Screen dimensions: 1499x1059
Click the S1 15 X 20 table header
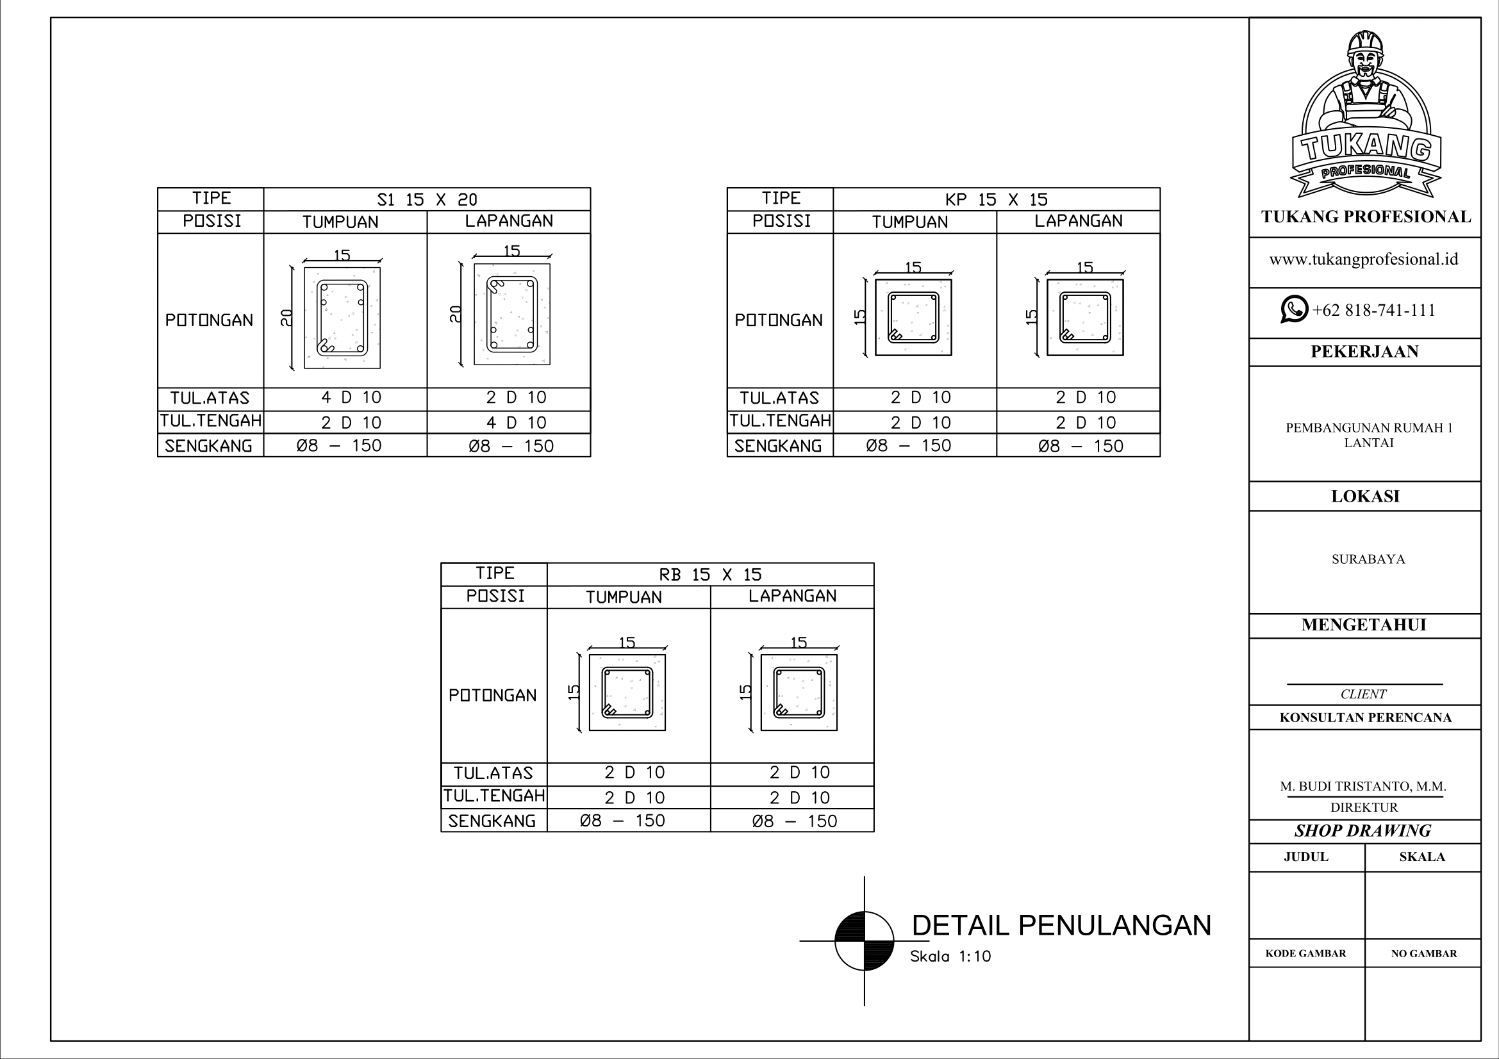[427, 200]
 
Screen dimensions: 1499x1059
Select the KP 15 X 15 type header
[997, 200]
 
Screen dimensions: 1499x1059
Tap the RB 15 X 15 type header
[710, 575]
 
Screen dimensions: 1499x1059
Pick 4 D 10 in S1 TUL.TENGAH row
[517, 423]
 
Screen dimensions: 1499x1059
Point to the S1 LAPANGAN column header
[509, 221]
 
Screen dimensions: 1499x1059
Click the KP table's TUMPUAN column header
[910, 222]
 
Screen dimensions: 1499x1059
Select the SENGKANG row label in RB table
[492, 821]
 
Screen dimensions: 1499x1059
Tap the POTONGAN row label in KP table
[779, 320]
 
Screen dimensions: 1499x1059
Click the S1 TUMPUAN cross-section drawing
[342, 318]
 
